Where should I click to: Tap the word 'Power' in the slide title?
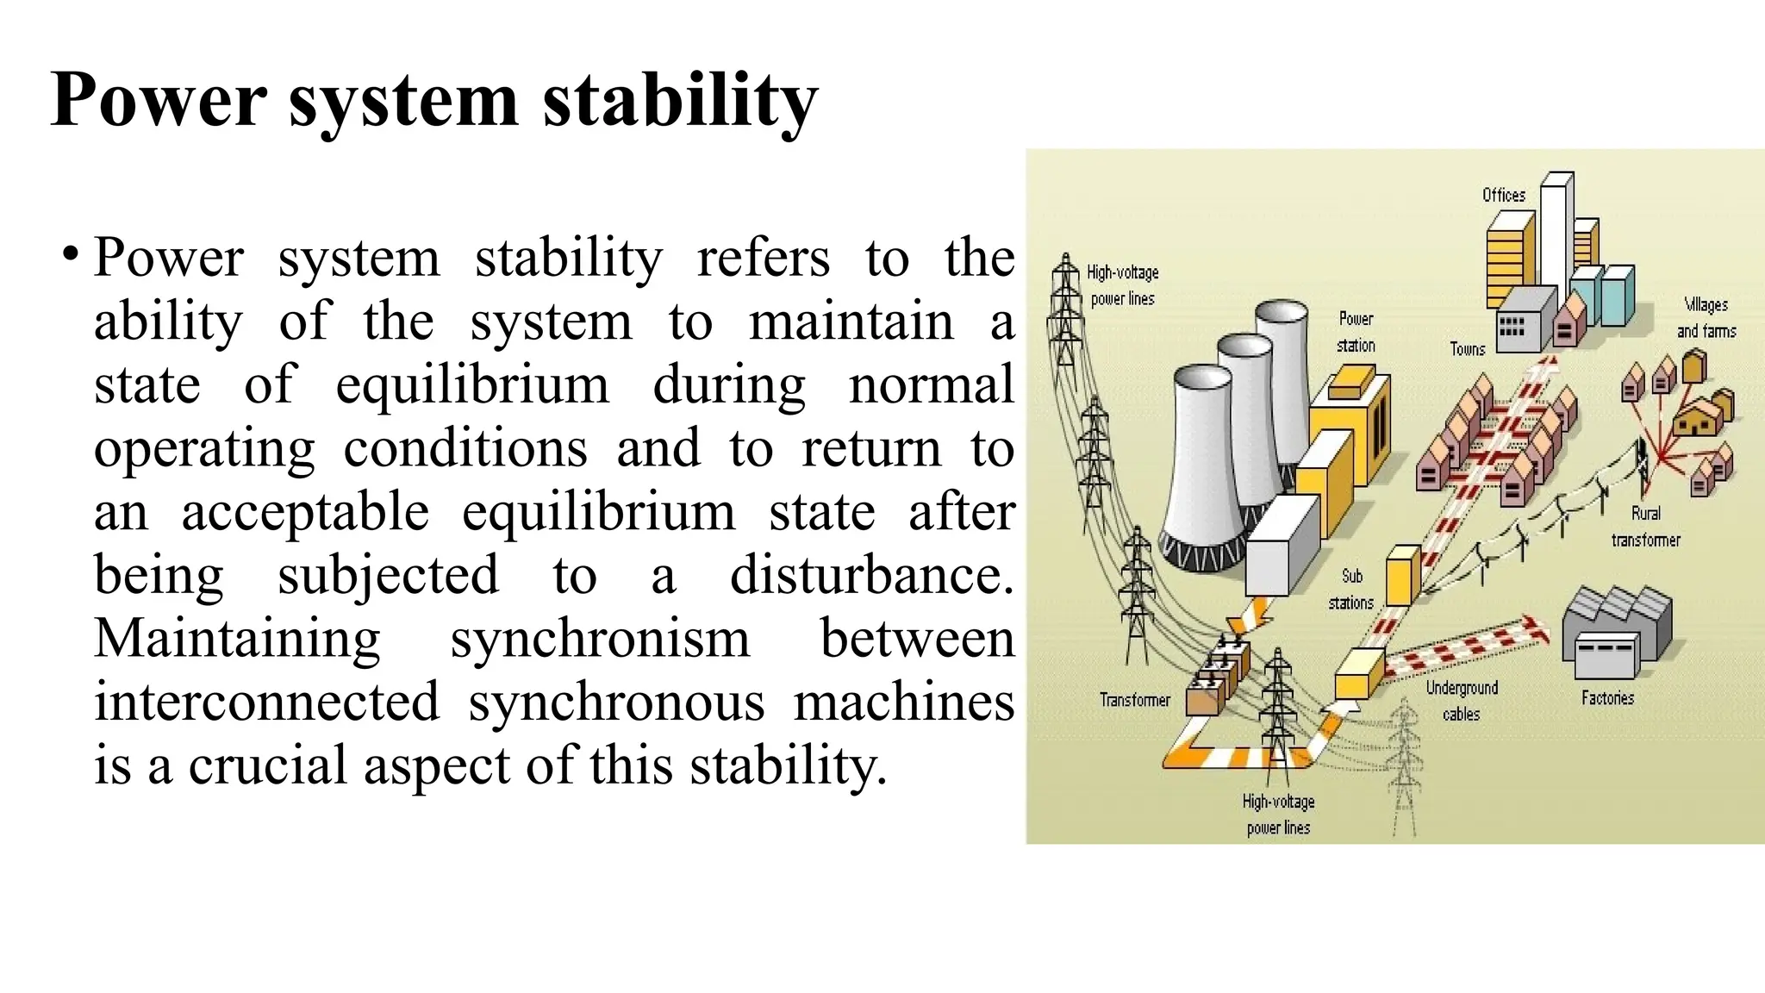coord(159,100)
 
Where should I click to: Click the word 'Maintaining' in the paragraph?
coord(237,639)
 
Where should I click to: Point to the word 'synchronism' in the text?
coord(600,639)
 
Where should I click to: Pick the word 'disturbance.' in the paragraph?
coord(871,575)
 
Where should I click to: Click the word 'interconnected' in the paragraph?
coord(266,702)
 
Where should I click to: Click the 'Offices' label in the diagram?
coord(1503,196)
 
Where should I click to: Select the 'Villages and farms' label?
coord(1706,317)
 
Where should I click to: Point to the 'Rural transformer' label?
coord(1645,527)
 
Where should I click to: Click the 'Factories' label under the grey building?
coord(1607,698)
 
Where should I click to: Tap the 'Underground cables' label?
coord(1462,701)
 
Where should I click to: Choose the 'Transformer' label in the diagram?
coord(1134,700)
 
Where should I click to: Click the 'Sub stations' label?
coord(1350,590)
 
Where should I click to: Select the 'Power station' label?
coord(1356,332)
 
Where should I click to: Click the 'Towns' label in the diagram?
coord(1467,349)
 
